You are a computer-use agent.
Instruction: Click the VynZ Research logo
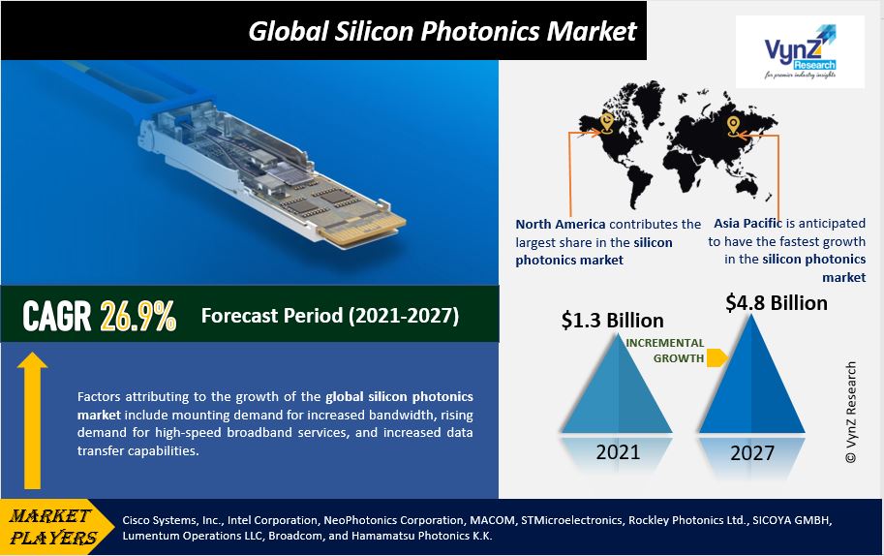800,51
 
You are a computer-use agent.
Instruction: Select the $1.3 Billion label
612,321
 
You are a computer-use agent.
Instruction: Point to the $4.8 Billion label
777,303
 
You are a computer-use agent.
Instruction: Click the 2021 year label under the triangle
618,451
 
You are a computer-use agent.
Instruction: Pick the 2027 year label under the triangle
752,452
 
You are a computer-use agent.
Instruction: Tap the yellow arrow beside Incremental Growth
717,357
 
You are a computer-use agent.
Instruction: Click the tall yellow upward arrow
32,420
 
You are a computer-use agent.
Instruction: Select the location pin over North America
607,122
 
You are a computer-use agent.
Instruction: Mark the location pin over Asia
733,126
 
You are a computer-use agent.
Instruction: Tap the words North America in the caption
561,224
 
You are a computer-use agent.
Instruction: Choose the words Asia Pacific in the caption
747,224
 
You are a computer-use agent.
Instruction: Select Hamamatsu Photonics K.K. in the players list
422,535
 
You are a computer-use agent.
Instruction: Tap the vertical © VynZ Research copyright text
851,413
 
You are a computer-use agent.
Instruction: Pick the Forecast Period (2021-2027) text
330,315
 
